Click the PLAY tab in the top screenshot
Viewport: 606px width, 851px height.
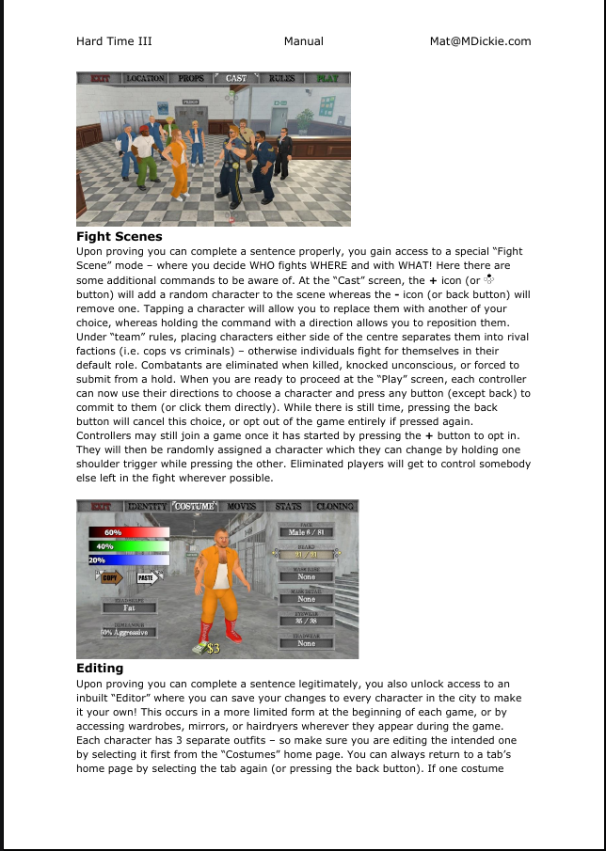[x=327, y=78]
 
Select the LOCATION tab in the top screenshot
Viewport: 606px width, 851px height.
[x=145, y=78]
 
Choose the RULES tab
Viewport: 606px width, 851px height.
[x=281, y=78]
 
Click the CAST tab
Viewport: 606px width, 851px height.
[x=236, y=78]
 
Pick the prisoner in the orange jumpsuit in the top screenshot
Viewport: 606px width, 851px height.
[x=176, y=160]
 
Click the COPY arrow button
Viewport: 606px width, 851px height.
[x=112, y=578]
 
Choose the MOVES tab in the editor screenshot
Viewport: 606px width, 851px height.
[x=241, y=507]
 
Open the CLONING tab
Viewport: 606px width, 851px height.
[x=335, y=507]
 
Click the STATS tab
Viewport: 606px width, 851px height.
[x=288, y=507]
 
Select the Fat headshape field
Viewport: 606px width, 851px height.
[x=129, y=608]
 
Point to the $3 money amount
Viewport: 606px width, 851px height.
[x=213, y=649]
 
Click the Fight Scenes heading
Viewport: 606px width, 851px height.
[x=119, y=237]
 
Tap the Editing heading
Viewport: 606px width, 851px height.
[x=100, y=669]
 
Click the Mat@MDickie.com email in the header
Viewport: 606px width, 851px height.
[x=479, y=41]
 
